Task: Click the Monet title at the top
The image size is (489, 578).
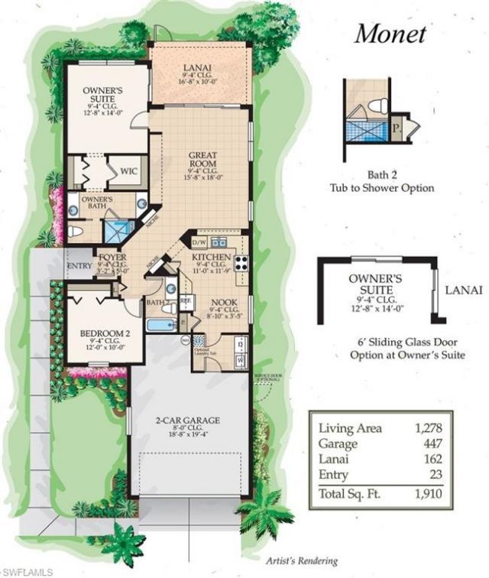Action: coord(390,34)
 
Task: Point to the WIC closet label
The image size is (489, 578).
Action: coord(128,171)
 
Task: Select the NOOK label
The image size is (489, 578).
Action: coord(223,301)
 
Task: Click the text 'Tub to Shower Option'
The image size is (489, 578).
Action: coord(381,188)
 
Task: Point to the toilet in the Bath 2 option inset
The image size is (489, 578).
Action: coord(377,104)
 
